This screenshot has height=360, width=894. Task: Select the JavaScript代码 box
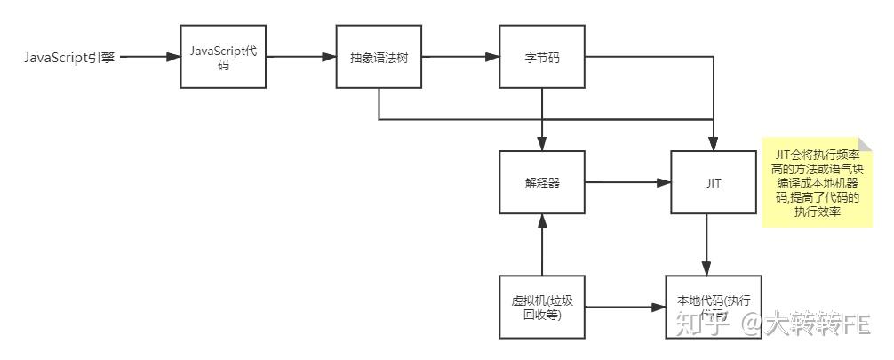(223, 57)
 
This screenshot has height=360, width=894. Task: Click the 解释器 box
(541, 182)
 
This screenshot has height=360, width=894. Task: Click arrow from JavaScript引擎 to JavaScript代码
(149, 58)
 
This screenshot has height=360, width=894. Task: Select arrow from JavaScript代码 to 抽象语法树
(300, 58)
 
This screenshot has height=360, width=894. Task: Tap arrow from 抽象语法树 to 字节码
(460, 58)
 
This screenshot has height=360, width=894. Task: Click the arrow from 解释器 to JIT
(627, 182)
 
